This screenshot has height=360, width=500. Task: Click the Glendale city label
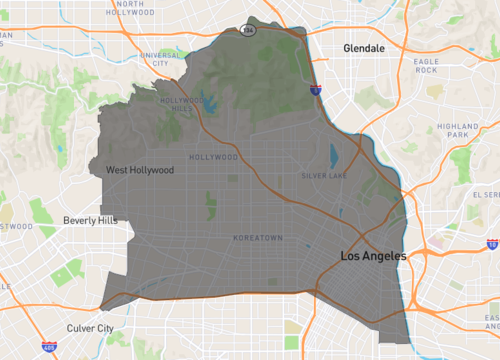363,47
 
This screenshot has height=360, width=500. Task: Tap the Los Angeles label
374,257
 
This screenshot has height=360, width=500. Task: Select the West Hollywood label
140,170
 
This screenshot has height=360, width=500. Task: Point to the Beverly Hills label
91,220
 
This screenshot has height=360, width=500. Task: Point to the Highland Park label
459,130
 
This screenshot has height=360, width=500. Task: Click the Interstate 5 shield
315,90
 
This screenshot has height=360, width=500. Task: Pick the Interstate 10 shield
493,243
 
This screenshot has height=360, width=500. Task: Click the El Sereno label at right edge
488,195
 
